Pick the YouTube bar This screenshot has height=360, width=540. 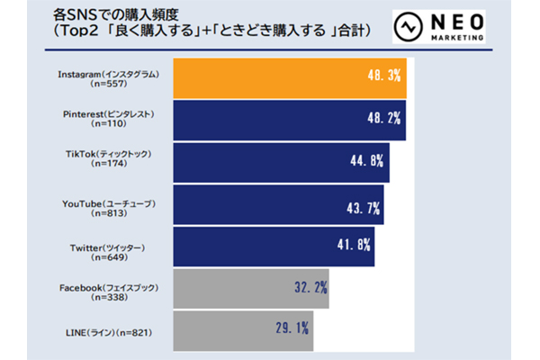[x=270, y=204]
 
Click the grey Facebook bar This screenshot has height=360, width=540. [x=243, y=289]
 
